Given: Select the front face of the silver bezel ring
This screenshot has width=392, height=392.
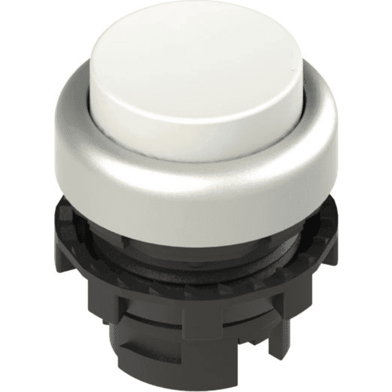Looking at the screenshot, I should pyautogui.click(x=196, y=196).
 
